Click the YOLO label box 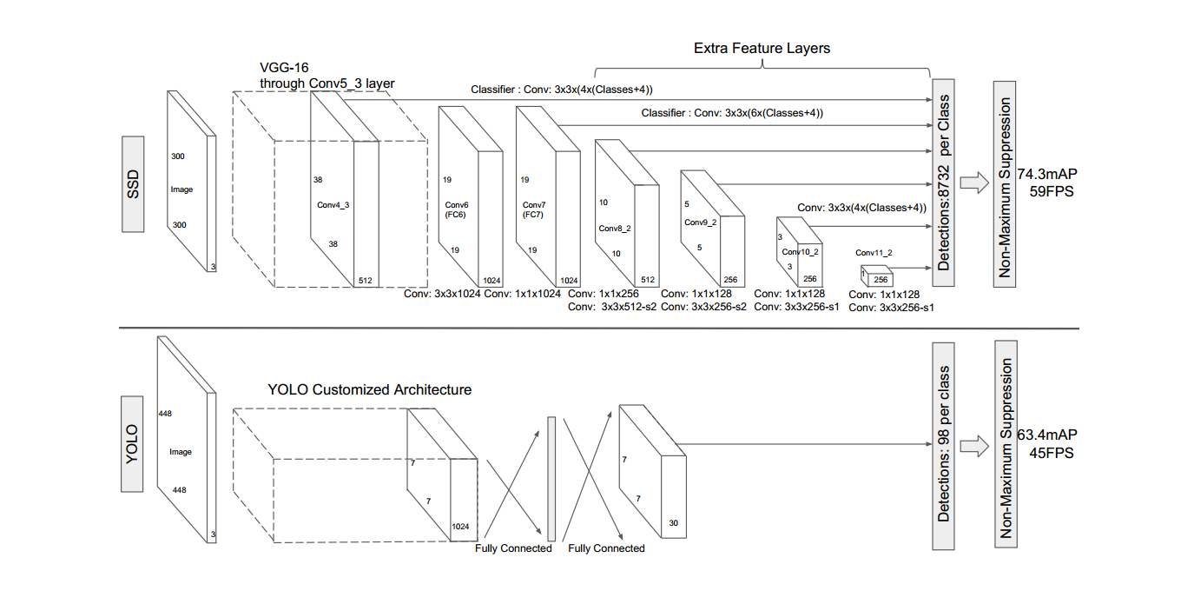click(133, 443)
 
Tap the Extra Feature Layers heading click(762, 48)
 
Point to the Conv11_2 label click(874, 253)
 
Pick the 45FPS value click(1052, 452)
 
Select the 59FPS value click(1052, 190)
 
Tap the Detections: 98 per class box click(943, 444)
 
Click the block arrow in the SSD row click(976, 183)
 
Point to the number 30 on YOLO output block click(674, 522)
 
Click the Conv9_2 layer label click(700, 222)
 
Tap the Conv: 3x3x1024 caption click(442, 294)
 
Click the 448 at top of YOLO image click(165, 414)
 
